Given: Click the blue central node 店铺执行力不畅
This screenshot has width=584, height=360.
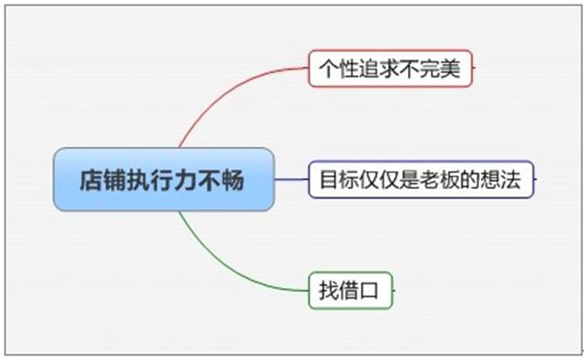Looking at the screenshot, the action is [x=164, y=179].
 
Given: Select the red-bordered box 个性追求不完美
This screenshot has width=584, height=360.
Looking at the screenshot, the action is [x=390, y=68].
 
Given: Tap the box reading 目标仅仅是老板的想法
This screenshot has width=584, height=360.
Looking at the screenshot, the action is [x=420, y=179].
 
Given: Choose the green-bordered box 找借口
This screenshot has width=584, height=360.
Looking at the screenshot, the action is [x=350, y=290].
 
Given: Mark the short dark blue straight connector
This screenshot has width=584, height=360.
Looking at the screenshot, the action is [x=292, y=179].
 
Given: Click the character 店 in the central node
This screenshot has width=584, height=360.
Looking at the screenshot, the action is [x=91, y=180].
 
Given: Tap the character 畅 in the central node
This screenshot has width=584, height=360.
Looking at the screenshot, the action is [x=233, y=180].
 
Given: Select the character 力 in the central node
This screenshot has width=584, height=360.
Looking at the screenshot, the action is [x=185, y=180].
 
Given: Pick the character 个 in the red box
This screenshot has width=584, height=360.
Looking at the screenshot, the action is [x=329, y=69].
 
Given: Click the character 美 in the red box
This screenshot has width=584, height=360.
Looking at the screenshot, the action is [x=450, y=69].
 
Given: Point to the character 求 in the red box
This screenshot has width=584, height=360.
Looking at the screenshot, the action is [x=389, y=69].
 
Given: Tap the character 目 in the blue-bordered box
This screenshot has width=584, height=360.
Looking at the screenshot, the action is [x=329, y=179].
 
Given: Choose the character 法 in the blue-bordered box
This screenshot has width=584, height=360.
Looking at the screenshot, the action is [x=511, y=179].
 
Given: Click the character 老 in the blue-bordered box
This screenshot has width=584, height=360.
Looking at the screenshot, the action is [x=430, y=179].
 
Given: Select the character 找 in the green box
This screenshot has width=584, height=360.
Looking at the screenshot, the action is [x=329, y=290].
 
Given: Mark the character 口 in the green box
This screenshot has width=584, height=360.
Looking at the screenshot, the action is [x=369, y=291].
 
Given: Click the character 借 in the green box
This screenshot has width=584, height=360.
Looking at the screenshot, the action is [x=348, y=290].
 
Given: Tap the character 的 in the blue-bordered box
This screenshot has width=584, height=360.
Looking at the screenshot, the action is [x=470, y=179].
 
